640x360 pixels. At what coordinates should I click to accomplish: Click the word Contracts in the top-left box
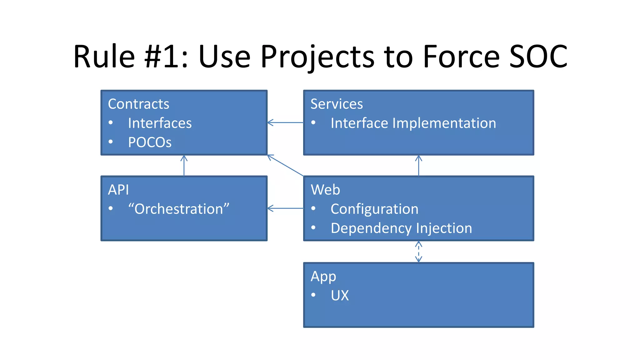click(x=138, y=104)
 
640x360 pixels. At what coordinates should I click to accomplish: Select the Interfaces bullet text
click(x=160, y=123)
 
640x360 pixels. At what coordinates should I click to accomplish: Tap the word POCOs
click(x=150, y=142)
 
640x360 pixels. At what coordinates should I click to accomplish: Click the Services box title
click(x=337, y=104)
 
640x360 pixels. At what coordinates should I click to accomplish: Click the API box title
click(x=118, y=190)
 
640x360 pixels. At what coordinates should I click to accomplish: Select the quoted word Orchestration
click(x=179, y=209)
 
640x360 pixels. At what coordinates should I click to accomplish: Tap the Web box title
click(x=325, y=190)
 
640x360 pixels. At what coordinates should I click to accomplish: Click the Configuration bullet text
click(x=374, y=209)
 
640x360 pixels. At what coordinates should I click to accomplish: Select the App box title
click(x=323, y=277)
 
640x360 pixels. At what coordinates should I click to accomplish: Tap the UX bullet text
click(x=340, y=296)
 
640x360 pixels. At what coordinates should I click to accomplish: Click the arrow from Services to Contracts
click(x=285, y=122)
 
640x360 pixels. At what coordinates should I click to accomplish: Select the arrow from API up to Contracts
click(x=184, y=166)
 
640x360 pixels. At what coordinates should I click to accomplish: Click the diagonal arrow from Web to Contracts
click(x=285, y=165)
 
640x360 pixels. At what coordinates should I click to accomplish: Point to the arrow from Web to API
click(x=285, y=208)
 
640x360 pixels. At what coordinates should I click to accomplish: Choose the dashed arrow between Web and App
click(x=418, y=252)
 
